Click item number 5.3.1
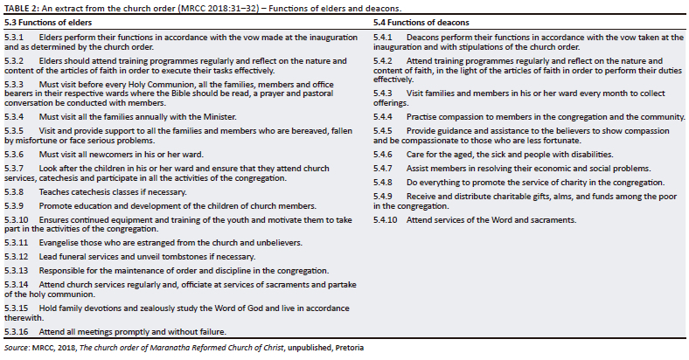pyautogui.click(x=15, y=37)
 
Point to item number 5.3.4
pyautogui.click(x=15, y=116)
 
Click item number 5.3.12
pyautogui.click(x=17, y=256)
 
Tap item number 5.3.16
pyautogui.click(x=17, y=332)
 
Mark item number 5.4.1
pyautogui.click(x=385, y=37)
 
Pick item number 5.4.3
pyautogui.click(x=385, y=93)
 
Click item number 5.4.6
pyautogui.click(x=385, y=154)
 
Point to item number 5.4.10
pyautogui.click(x=386, y=219)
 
